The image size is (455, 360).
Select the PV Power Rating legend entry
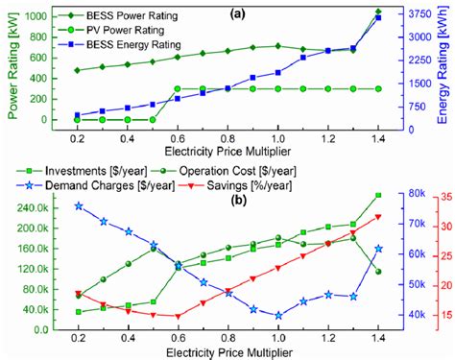coord(120,30)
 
